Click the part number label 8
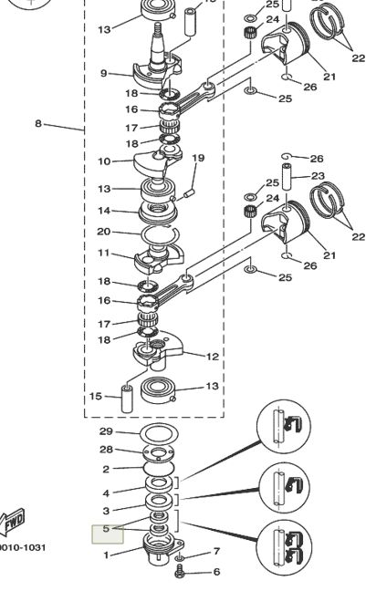coord(38,123)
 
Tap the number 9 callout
coord(104,73)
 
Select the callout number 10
coord(104,161)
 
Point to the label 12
coord(213,357)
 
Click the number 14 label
coord(104,211)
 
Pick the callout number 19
coord(198,158)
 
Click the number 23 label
coord(318,176)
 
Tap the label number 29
coord(106,431)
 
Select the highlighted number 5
coord(106,528)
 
